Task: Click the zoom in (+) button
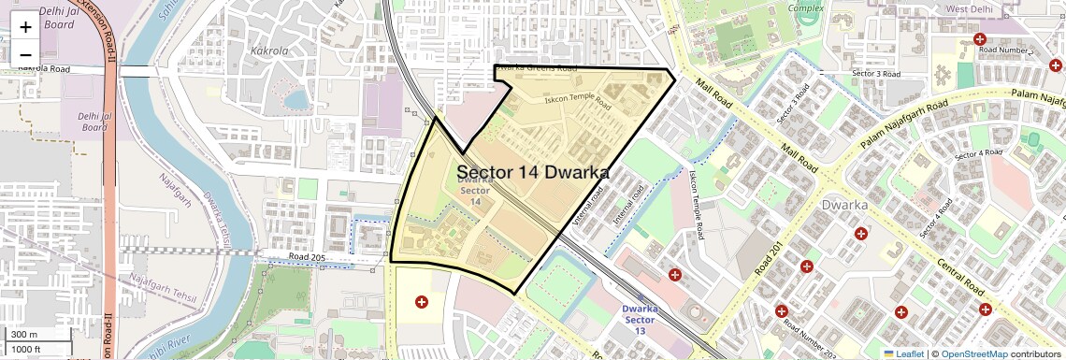25,26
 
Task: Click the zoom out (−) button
25,53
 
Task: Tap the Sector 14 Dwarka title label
533,172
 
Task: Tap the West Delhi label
970,9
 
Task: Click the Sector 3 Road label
875,74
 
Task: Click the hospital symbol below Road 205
421,302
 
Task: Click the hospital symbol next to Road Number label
980,39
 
